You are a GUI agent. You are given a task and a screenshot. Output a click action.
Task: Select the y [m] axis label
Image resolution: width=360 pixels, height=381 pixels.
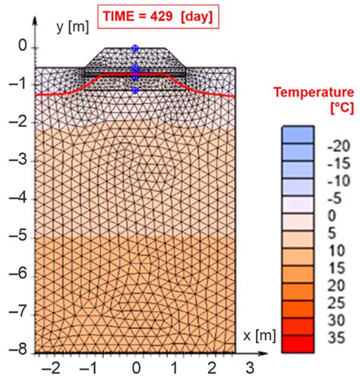pyautogui.click(x=73, y=27)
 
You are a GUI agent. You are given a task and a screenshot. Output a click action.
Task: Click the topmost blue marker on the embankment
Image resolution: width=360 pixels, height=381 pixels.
pyautogui.click(x=134, y=48)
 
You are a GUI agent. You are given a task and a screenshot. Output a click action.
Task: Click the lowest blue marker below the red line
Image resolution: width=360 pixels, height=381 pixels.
pyautogui.click(x=134, y=90)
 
